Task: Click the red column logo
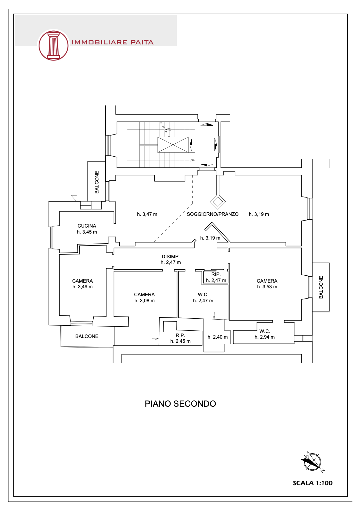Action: (53, 46)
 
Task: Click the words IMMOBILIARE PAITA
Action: (112, 42)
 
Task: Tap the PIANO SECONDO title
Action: (180, 404)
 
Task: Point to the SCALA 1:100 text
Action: (313, 483)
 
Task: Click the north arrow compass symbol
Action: (312, 462)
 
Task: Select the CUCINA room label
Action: (87, 226)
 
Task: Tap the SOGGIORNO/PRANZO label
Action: (213, 214)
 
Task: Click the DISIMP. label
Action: (171, 257)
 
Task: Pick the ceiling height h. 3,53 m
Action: (267, 287)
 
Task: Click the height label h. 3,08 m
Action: (145, 301)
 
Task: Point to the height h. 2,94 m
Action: (264, 337)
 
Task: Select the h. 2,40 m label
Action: (217, 337)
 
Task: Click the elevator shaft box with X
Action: (173, 145)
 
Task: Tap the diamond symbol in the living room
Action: (218, 202)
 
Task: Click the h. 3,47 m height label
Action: (147, 214)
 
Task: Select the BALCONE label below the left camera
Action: (87, 336)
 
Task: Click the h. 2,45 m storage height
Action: (180, 341)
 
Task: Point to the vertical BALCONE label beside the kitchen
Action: (97, 182)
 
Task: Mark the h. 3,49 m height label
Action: (83, 287)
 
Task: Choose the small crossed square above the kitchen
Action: (74, 198)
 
